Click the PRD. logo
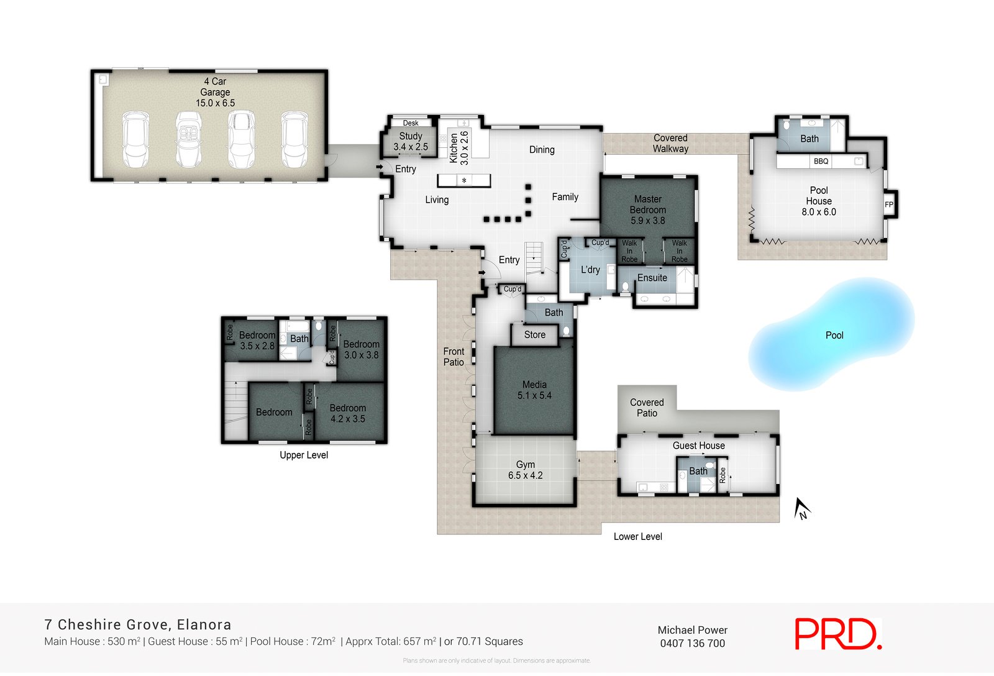pos(837,634)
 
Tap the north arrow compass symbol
pos(802,509)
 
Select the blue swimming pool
pos(832,335)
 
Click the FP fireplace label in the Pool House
pos(889,204)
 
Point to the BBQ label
pos(821,162)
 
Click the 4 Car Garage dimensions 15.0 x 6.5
pos(216,103)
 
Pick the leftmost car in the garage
pos(136,139)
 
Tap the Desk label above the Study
pos(411,123)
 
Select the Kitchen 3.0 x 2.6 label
pos(459,147)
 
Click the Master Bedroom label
pos(648,204)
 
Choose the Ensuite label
pos(652,278)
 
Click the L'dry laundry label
pos(590,270)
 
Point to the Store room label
pos(534,335)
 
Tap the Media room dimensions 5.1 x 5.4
pos(534,395)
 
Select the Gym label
pos(526,464)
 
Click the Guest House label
pos(698,445)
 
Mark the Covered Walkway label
pos(670,144)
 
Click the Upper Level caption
pos(304,455)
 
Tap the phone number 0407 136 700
pos(692,644)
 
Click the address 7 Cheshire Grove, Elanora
pos(138,625)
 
